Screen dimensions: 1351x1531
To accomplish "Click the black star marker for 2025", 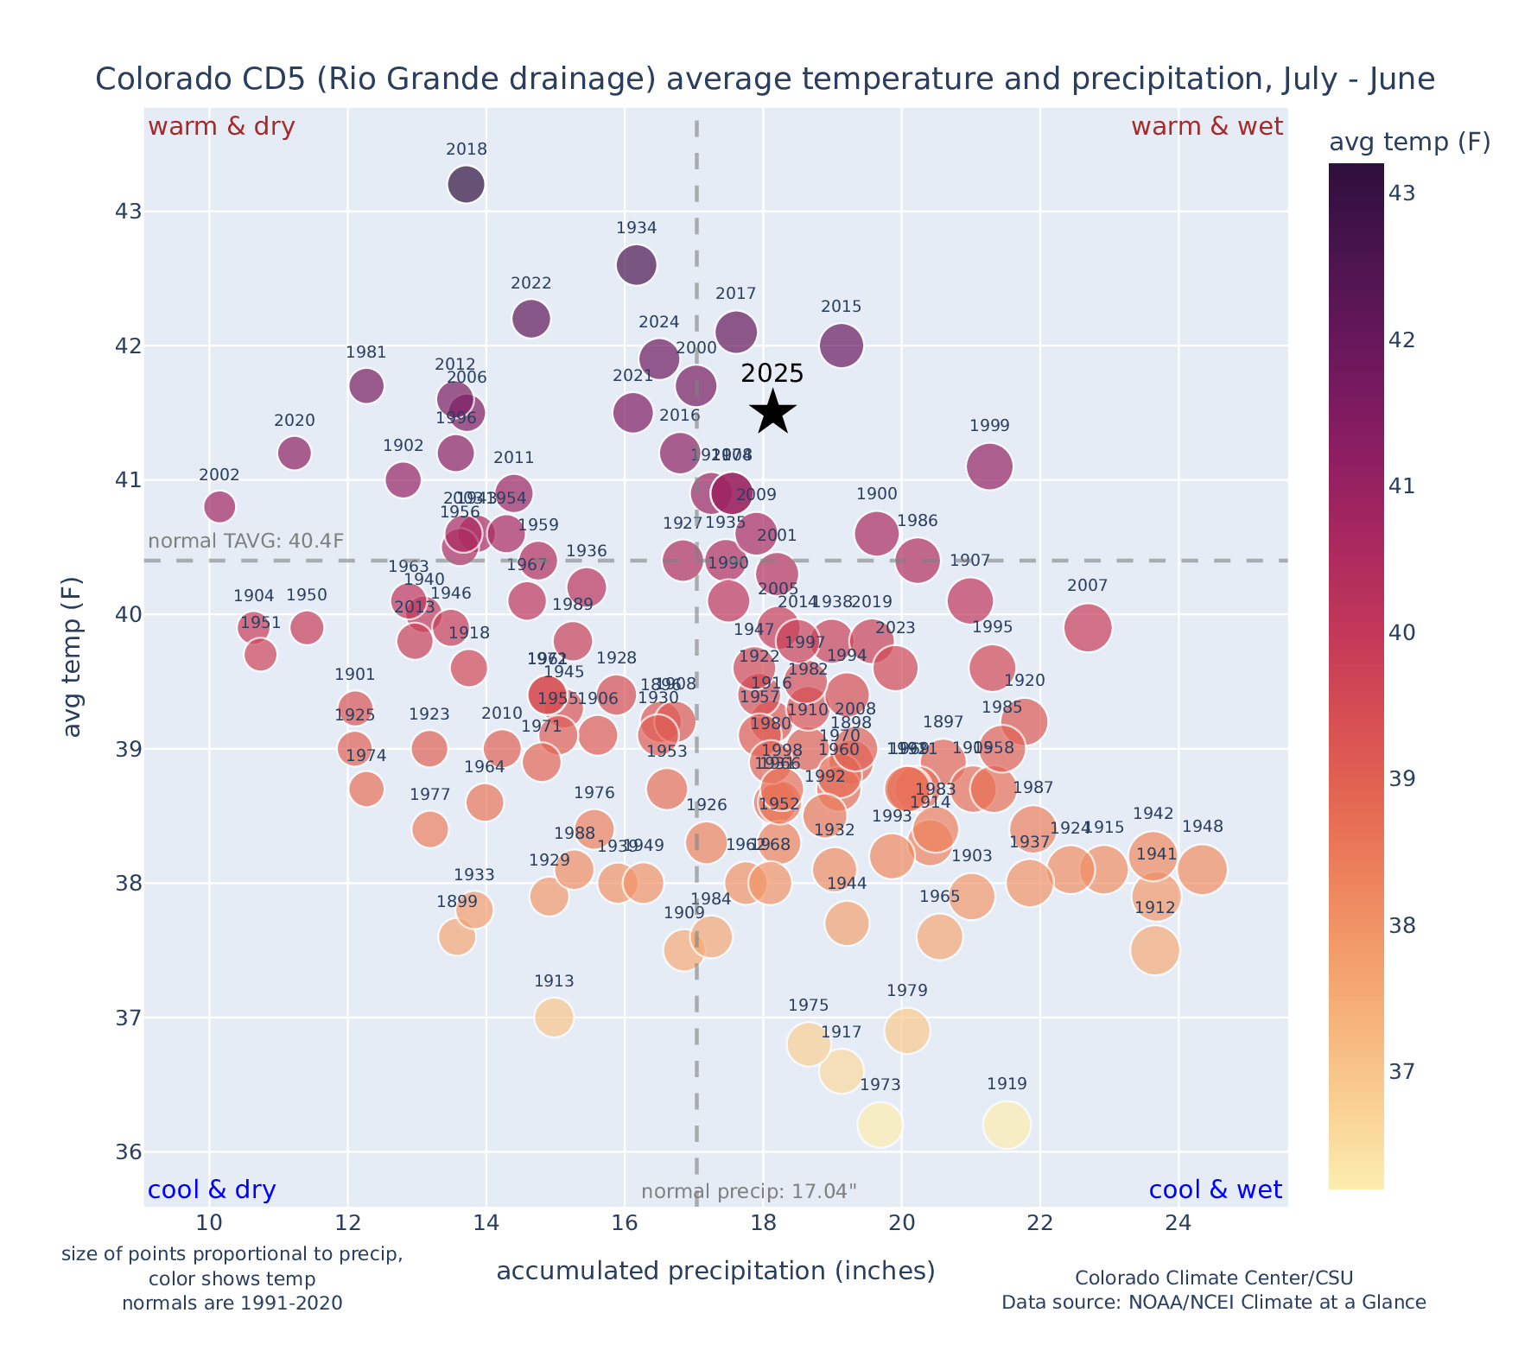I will [773, 412].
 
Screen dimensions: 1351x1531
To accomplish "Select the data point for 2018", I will [466, 185].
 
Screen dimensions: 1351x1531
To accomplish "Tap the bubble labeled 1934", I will [637, 264].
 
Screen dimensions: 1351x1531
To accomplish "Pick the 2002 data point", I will [219, 506].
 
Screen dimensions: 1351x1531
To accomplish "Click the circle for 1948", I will [1202, 870].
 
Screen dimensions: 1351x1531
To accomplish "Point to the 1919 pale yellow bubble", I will [1007, 1125].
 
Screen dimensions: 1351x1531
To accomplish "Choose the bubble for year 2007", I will [1088, 628].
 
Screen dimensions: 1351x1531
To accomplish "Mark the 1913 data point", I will [554, 1018].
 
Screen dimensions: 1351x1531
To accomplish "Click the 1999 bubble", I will [989, 466].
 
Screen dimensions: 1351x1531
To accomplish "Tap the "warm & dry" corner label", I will [221, 127].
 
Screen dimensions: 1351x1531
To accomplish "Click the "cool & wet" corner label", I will [1215, 1190].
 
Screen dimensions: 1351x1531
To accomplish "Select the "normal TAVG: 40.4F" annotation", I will [246, 542].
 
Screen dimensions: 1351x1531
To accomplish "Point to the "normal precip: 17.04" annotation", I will [749, 1192].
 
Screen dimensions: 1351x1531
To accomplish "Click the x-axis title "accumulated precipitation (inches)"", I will [715, 1271].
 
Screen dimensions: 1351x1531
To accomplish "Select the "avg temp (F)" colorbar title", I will [1409, 143].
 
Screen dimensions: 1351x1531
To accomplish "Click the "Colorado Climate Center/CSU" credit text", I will [1213, 1278].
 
